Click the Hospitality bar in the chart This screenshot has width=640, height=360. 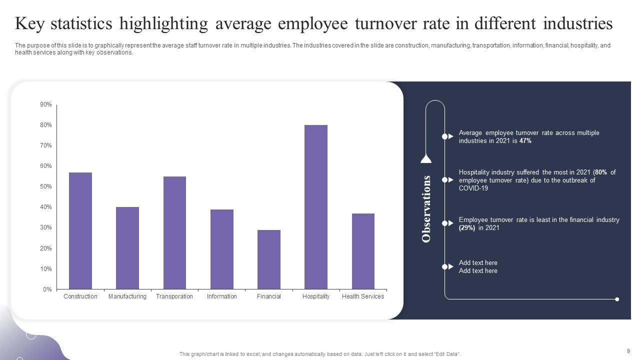[x=316, y=207]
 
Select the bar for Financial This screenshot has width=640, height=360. [x=269, y=259]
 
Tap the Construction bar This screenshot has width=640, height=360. [x=80, y=230]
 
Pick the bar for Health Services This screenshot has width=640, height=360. [x=363, y=251]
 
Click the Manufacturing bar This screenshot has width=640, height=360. [x=127, y=248]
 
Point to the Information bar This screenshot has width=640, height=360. [x=222, y=249]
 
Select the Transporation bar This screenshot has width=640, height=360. [x=174, y=232]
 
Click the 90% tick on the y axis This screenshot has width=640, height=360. [x=46, y=104]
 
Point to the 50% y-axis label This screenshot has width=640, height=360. [x=46, y=186]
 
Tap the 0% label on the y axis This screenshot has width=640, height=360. [x=47, y=289]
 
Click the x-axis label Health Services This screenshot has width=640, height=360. [x=363, y=296]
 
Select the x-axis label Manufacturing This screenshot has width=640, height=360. [x=127, y=296]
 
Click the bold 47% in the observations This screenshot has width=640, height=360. [x=525, y=141]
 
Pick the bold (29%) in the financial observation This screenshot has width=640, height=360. [x=467, y=228]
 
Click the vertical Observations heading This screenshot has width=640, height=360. [x=426, y=208]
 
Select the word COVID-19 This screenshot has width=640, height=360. [x=473, y=188]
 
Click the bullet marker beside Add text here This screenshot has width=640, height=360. [x=445, y=267]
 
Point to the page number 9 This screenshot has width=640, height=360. [x=628, y=351]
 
